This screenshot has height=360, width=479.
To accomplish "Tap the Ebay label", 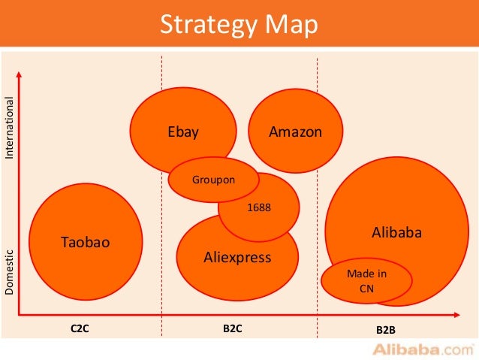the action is (x=183, y=132).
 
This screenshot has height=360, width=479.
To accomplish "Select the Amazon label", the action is (x=295, y=132).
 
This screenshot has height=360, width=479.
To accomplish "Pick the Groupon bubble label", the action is (x=213, y=180).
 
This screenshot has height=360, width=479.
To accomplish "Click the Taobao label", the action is (x=86, y=242).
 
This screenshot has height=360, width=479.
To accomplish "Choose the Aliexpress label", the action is (x=237, y=258).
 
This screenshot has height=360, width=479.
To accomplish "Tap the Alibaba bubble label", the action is (x=397, y=233).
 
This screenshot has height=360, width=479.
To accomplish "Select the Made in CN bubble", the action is (x=366, y=280).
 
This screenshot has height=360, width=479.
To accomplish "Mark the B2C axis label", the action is (x=233, y=328).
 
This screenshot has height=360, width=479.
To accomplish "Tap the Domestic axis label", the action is (x=10, y=271).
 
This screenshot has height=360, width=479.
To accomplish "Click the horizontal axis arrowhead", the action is (x=458, y=313).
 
